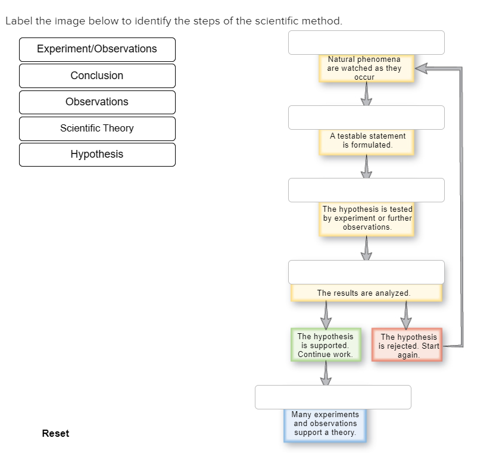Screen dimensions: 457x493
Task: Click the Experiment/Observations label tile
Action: click(97, 49)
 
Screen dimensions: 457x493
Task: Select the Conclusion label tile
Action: click(97, 76)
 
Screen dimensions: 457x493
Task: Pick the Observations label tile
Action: click(97, 102)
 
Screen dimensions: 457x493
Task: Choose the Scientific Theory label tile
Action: click(97, 128)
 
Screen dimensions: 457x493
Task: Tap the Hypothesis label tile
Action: click(97, 154)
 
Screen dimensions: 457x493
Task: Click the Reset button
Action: click(55, 433)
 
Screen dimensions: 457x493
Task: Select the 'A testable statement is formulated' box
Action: click(367, 141)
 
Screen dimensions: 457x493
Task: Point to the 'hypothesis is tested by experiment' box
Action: click(367, 218)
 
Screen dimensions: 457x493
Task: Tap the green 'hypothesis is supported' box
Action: click(325, 345)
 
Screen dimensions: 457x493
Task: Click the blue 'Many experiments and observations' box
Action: click(325, 424)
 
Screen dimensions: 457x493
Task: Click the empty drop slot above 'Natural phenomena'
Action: click(366, 42)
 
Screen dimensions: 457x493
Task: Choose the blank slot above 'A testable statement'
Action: click(366, 117)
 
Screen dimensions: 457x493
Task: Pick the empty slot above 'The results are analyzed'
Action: click(366, 272)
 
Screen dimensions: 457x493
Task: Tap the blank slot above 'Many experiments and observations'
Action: click(333, 397)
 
